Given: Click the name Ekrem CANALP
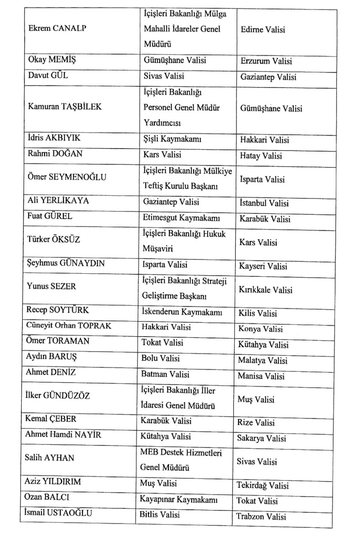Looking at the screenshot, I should point(57,28).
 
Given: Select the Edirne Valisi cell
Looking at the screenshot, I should point(262,30).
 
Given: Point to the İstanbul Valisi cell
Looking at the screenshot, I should point(264,203).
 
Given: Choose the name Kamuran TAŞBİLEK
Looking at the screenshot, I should point(64,107).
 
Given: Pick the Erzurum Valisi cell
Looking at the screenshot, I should point(266,61).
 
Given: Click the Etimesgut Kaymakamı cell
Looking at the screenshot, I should point(181,218).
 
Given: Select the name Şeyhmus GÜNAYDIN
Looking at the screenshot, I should point(66,263).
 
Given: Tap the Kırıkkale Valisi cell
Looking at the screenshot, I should point(265,290).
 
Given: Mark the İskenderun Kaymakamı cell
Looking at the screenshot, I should point(182,312).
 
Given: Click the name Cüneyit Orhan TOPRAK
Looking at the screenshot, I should point(69,326).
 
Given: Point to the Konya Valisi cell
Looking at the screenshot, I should point(260,329).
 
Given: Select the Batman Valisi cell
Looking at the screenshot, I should point(165,374).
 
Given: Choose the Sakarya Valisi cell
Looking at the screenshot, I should point(261,438).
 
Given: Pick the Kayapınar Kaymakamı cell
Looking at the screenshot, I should point(178,499).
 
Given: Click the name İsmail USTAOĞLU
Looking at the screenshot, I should point(58,513).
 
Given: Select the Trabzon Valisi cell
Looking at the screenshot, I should point(261,517).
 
